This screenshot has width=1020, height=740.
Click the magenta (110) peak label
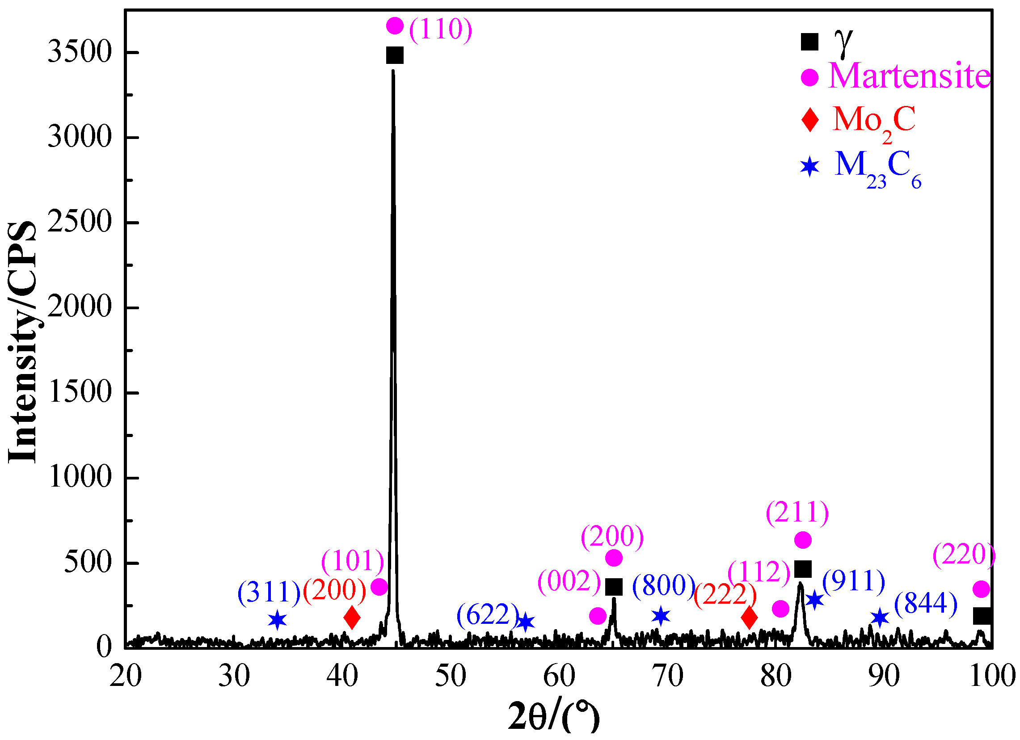(x=440, y=29)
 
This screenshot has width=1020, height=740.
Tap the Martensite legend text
(x=909, y=76)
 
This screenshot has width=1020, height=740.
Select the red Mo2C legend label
(x=873, y=121)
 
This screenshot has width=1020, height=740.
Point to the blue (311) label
(x=269, y=593)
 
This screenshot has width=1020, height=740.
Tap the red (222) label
(x=725, y=596)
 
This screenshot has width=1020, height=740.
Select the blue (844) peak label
(x=926, y=604)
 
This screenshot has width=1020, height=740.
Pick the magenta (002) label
(x=569, y=581)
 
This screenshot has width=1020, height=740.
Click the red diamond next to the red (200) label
(x=352, y=618)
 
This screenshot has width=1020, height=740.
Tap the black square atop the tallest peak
(x=395, y=56)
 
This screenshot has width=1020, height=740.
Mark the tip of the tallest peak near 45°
(x=393, y=71)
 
